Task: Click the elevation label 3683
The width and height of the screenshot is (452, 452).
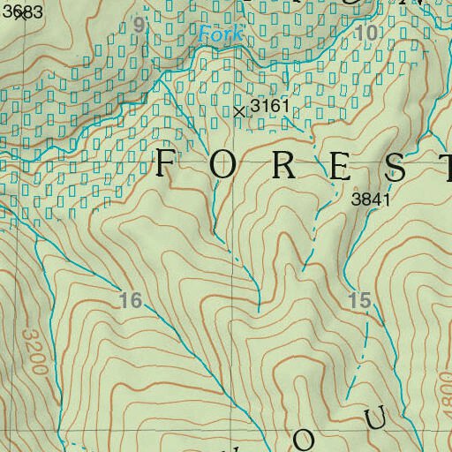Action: [22, 11]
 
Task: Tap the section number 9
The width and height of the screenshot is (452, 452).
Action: [138, 25]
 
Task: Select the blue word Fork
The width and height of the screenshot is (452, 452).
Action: [215, 35]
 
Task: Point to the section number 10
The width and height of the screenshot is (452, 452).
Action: [368, 33]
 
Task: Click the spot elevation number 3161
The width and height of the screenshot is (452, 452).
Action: [269, 107]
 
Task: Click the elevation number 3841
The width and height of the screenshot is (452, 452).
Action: [370, 200]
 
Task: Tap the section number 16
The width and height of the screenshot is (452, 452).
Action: [130, 301]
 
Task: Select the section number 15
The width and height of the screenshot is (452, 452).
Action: [359, 300]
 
